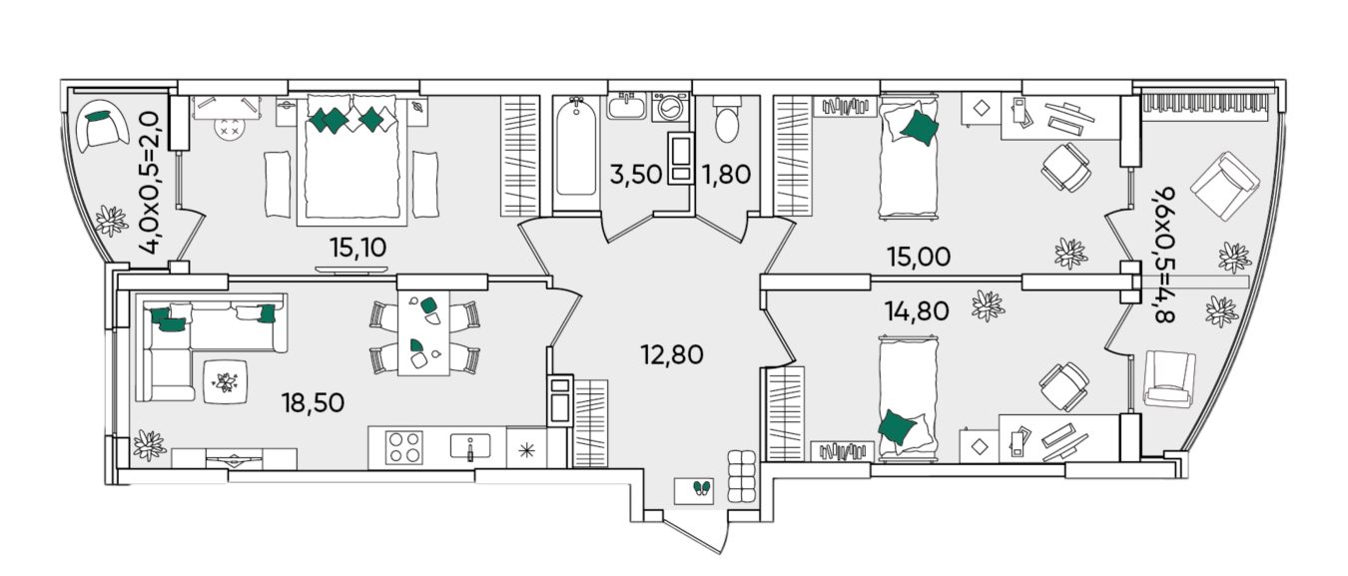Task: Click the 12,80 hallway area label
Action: (x=672, y=355)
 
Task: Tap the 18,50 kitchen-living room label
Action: (x=313, y=403)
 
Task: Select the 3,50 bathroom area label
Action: (x=636, y=175)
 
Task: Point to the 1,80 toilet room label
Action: (x=726, y=175)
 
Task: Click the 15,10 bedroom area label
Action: (x=357, y=248)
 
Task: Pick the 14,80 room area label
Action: (x=917, y=311)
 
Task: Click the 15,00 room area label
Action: (x=919, y=257)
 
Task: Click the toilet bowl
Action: (x=727, y=119)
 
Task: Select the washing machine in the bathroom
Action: (x=669, y=107)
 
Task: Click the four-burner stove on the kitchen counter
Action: (x=404, y=448)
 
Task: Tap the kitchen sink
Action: (x=470, y=446)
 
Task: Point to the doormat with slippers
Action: (x=694, y=491)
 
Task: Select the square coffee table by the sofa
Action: (x=225, y=381)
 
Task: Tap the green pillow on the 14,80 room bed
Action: (x=897, y=426)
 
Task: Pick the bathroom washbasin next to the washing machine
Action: (x=626, y=107)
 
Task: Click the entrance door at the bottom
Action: (x=692, y=532)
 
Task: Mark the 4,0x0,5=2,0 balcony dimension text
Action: (x=149, y=183)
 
